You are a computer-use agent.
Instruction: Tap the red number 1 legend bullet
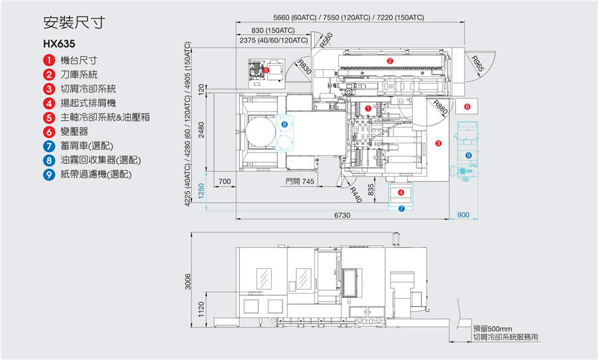click(49, 60)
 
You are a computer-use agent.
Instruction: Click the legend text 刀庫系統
click(78, 74)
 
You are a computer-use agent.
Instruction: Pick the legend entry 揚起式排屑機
click(88, 103)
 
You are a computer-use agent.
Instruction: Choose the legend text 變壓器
click(74, 132)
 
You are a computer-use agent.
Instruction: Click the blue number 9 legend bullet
click(49, 175)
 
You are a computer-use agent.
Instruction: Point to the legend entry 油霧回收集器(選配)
click(100, 160)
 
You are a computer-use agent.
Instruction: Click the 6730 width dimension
click(342, 215)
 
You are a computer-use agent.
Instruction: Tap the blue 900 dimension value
click(463, 215)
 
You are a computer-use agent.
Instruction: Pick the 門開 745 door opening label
click(300, 181)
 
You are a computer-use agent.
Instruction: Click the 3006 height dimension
click(188, 282)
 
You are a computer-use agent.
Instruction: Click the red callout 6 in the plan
click(466, 106)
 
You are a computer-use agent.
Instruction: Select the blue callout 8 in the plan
click(284, 124)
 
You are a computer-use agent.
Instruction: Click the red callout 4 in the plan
click(401, 193)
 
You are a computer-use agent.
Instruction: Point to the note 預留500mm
click(492, 329)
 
